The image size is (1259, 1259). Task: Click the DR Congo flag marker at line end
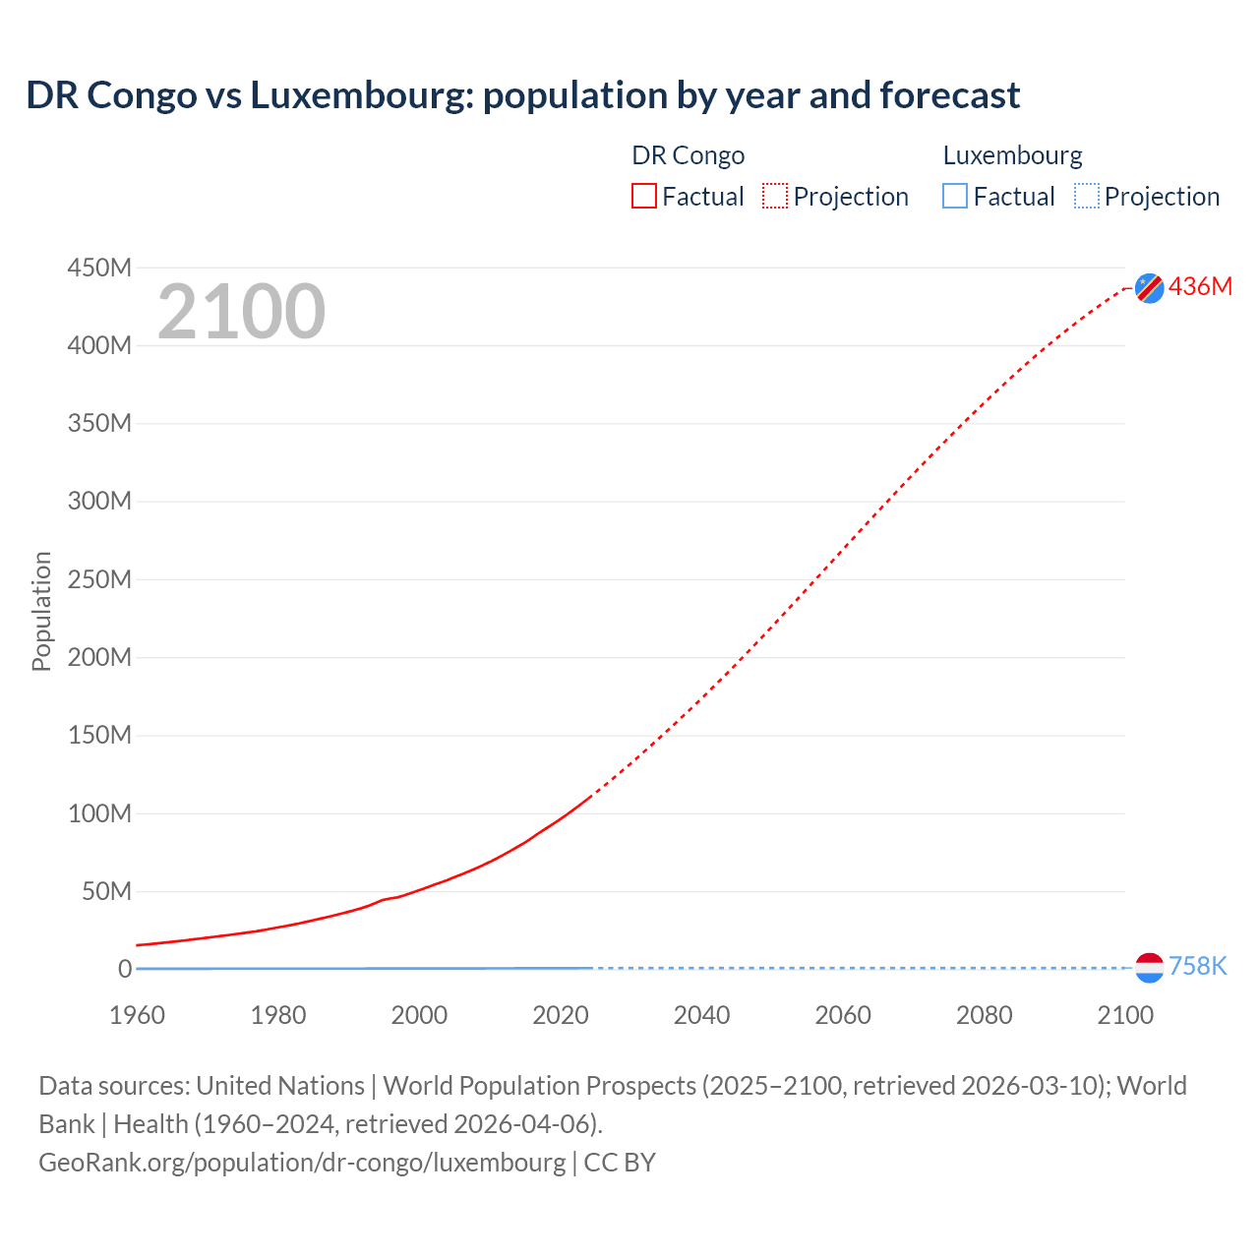[x=1149, y=287]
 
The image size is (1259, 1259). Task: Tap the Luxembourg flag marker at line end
[x=1149, y=968]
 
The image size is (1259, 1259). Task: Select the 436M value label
[x=1200, y=286]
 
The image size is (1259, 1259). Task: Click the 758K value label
[x=1197, y=967]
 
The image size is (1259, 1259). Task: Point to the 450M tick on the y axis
[x=99, y=268]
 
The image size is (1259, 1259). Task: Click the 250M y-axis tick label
[x=99, y=579]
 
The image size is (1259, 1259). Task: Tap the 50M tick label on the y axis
[x=106, y=891]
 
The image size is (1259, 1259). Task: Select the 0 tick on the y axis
[x=125, y=969]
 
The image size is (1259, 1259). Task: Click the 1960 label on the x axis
[x=137, y=1015]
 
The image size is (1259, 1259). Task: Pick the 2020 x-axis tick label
[x=561, y=1015]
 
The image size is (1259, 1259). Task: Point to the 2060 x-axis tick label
[x=843, y=1015]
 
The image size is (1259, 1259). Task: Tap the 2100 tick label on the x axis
[x=1125, y=1015]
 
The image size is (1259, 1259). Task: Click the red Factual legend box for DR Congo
[x=643, y=197]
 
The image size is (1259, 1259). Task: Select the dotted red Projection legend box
[x=775, y=197]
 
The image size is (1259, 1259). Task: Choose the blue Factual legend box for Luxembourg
[x=955, y=197]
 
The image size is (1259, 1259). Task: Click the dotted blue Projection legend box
[x=1086, y=197]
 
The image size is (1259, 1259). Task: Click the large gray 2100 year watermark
[x=241, y=312]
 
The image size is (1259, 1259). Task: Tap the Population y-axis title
[x=41, y=611]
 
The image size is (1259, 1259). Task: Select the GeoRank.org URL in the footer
[x=302, y=1162]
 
